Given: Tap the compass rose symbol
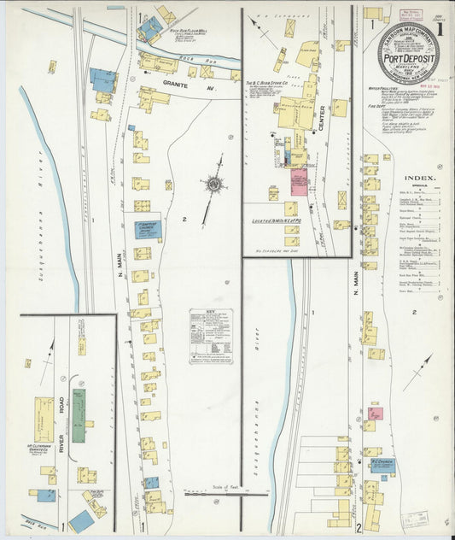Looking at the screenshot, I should click(x=212, y=184).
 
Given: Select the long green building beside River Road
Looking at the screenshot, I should click(x=79, y=415).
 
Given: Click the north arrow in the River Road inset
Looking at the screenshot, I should click(x=50, y=349).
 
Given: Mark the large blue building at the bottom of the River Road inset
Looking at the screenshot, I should click(x=82, y=519).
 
